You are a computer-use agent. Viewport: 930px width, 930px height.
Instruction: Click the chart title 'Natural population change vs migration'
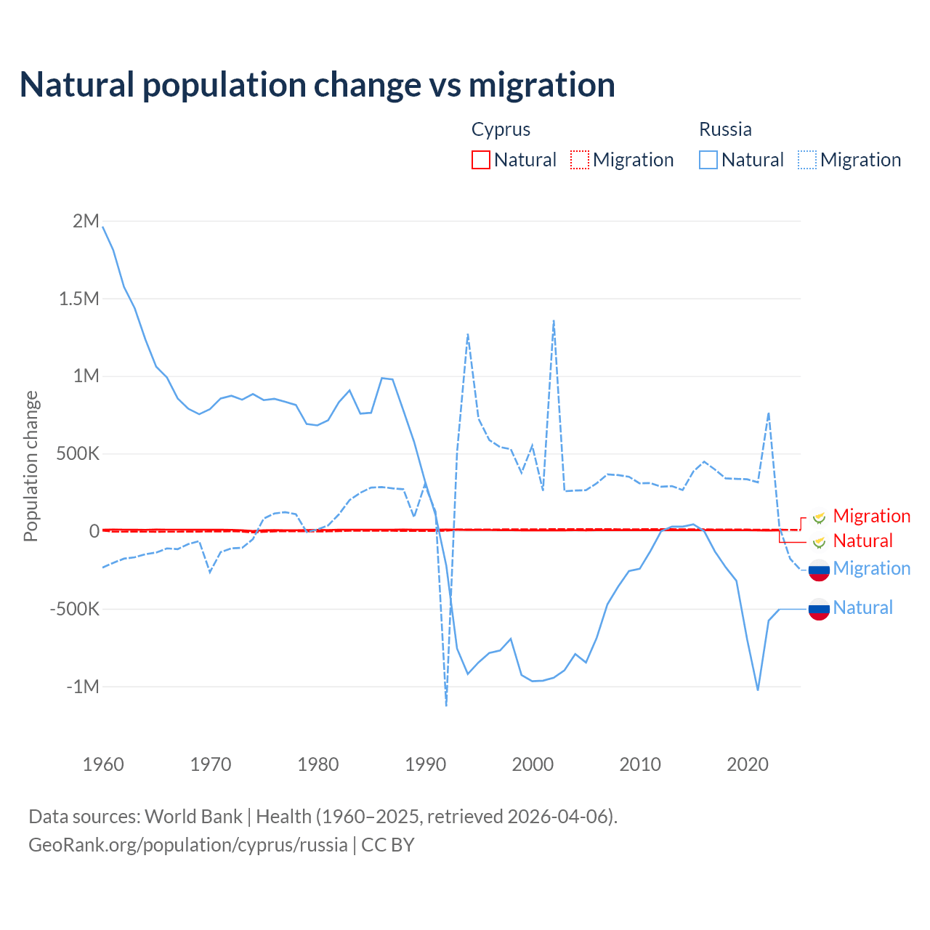(x=318, y=85)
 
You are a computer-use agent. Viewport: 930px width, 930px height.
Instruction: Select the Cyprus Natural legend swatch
(x=481, y=160)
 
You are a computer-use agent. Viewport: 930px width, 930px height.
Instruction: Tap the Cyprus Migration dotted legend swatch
(x=580, y=160)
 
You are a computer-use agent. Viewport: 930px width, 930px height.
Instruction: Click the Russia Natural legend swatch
(x=708, y=160)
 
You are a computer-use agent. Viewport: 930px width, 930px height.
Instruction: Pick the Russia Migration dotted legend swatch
(x=807, y=160)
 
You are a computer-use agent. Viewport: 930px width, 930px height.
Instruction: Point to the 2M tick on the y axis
(x=86, y=221)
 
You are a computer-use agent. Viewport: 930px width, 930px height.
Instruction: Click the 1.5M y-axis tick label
(x=78, y=299)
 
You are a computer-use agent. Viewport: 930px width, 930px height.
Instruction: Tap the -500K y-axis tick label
(x=74, y=609)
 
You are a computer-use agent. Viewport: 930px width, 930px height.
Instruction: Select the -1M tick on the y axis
(x=82, y=687)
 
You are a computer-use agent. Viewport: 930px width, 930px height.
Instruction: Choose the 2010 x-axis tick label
(x=640, y=764)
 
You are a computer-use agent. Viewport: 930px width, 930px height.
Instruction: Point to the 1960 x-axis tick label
(x=103, y=764)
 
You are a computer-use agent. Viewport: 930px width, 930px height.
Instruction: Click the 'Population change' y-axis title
(x=31, y=466)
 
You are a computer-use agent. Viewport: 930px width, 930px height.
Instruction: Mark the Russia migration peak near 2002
(x=554, y=320)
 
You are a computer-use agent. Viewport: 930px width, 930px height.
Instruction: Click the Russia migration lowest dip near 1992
(x=446, y=705)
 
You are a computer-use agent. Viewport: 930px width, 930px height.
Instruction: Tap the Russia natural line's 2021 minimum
(x=758, y=690)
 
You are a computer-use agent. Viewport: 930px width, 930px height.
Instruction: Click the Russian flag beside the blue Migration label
(x=819, y=570)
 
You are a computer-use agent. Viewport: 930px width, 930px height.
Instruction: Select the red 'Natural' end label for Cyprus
(x=862, y=541)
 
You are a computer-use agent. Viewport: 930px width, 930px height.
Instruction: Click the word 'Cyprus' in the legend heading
(x=501, y=129)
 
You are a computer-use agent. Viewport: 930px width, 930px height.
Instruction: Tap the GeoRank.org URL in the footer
(x=188, y=845)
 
